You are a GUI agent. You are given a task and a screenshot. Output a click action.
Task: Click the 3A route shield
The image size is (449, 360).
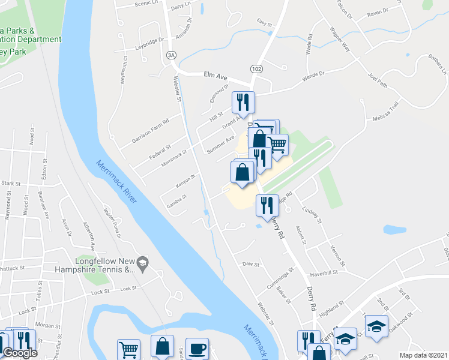click(x=172, y=55)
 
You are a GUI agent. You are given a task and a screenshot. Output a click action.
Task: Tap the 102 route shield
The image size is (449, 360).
click(x=256, y=69)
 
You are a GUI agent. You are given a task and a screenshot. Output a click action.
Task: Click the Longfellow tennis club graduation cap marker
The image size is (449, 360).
click(x=142, y=263)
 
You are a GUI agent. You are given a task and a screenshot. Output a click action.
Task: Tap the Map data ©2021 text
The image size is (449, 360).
click(x=424, y=355)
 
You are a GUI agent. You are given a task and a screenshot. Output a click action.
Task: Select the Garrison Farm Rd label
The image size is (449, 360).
click(x=151, y=131)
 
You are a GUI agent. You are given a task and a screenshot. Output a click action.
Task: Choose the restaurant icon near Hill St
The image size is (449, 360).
click(x=243, y=103)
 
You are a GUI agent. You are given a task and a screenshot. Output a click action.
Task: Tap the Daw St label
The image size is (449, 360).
click(x=250, y=263)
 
